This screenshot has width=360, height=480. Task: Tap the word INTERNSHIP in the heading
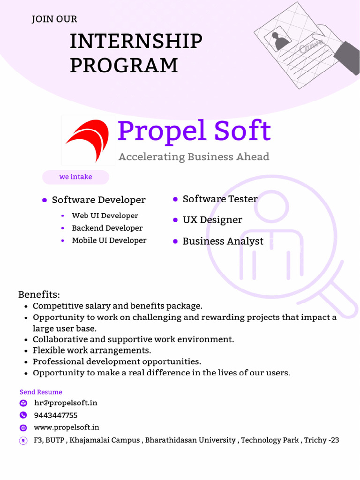[x=136, y=42]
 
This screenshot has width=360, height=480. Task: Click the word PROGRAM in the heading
[x=124, y=65]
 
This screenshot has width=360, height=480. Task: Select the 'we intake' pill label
[x=75, y=177]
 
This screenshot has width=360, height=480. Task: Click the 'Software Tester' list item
[x=220, y=199]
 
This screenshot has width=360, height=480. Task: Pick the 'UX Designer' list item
[x=212, y=220]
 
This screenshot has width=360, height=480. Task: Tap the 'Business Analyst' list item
[x=223, y=241]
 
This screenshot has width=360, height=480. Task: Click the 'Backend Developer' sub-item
[x=107, y=228]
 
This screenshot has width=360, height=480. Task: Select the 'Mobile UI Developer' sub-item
[x=109, y=240]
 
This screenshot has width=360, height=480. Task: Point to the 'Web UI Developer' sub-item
[x=105, y=216]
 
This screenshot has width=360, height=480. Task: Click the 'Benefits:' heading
[x=39, y=295]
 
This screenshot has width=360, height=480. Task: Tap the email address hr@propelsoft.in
[x=66, y=403]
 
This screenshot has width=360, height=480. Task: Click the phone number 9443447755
[x=56, y=415]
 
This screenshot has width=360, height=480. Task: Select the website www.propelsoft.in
[x=67, y=427]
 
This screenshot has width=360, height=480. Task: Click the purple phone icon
[x=23, y=415]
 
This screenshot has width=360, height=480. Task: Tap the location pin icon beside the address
[x=23, y=441]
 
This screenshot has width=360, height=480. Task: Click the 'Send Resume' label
[x=41, y=392]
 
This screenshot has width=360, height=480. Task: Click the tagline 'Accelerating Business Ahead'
[x=194, y=157]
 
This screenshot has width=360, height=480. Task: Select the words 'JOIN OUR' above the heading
[x=54, y=20]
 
